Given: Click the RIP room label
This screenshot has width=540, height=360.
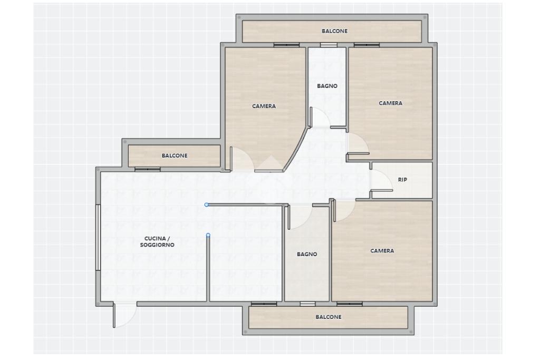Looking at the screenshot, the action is pyautogui.click(x=402, y=180).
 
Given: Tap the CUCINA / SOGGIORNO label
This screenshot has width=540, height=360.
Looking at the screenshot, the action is pyautogui.click(x=157, y=241).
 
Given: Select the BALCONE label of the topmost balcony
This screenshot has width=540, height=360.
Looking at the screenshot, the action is pyautogui.click(x=334, y=31).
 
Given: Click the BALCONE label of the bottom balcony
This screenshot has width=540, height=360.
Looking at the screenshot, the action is pyautogui.click(x=329, y=317).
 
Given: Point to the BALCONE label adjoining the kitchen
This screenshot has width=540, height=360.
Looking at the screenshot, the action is pyautogui.click(x=175, y=155).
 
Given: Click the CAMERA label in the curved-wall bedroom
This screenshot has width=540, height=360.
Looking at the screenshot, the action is pyautogui.click(x=264, y=106).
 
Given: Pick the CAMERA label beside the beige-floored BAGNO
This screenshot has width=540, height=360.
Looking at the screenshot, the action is pyautogui.click(x=382, y=251).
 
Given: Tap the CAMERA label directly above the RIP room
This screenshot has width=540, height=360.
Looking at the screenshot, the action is pyautogui.click(x=391, y=103).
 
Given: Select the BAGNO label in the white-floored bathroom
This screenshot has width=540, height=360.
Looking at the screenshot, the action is pyautogui.click(x=327, y=86).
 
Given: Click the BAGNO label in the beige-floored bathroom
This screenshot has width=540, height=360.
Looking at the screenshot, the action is pyautogui.click(x=307, y=255).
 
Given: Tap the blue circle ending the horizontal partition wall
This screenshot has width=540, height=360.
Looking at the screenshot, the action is pyautogui.click(x=207, y=205).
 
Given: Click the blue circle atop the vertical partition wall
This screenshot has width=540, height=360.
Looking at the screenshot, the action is pyautogui.click(x=208, y=236).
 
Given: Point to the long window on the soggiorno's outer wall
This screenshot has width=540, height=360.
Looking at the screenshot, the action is pyautogui.click(x=98, y=238).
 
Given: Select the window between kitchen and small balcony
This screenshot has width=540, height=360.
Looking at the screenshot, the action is pyautogui.click(x=148, y=169).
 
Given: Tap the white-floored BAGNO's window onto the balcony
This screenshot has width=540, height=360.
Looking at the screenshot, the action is pyautogui.click(x=329, y=45).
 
